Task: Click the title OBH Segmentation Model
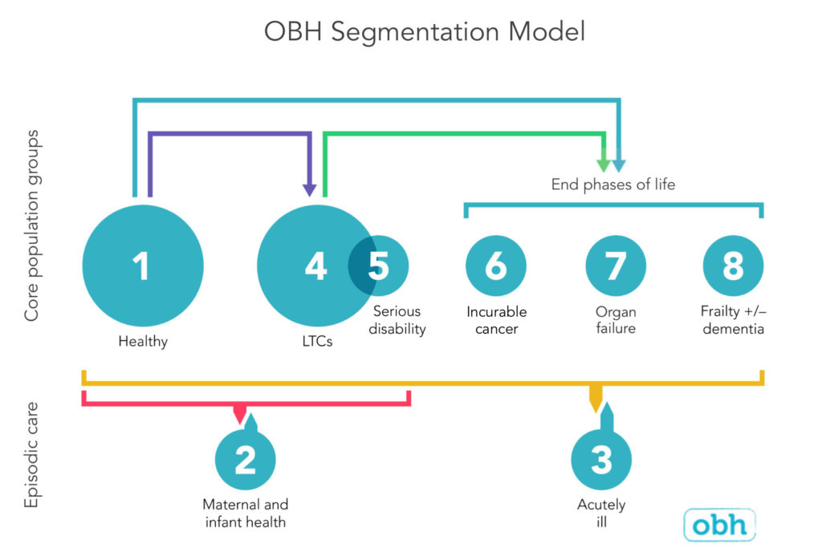pyautogui.click(x=425, y=32)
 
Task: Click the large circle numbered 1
pyautogui.click(x=143, y=266)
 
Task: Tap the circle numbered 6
pyautogui.click(x=496, y=266)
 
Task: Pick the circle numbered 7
pyautogui.click(x=615, y=266)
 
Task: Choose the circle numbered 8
pyautogui.click(x=733, y=266)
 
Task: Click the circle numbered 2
pyautogui.click(x=245, y=461)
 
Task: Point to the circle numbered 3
pyautogui.click(x=601, y=461)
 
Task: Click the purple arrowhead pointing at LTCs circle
pyautogui.click(x=310, y=189)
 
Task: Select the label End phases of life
pyautogui.click(x=613, y=185)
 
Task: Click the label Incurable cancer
pyautogui.click(x=496, y=319)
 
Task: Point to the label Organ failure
pyautogui.click(x=615, y=319)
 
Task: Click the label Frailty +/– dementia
pyautogui.click(x=733, y=319)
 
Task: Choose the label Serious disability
pyautogui.click(x=397, y=319)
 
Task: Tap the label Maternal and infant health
pyautogui.click(x=245, y=513)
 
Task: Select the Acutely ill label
pyautogui.click(x=601, y=513)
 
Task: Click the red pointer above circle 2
pyautogui.click(x=239, y=414)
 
